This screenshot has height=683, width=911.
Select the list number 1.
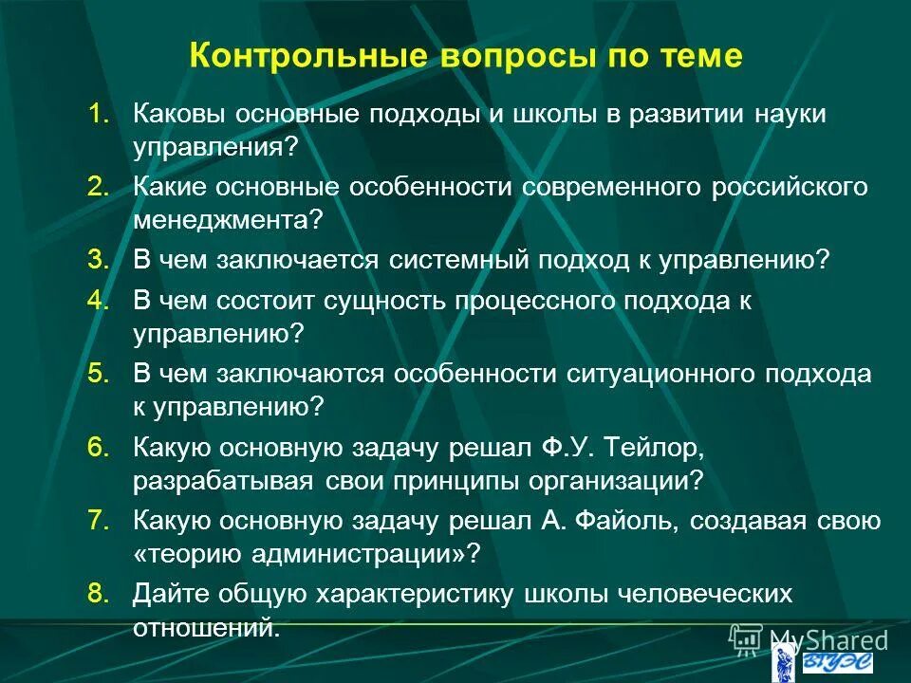(99, 114)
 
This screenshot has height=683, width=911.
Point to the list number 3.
(99, 260)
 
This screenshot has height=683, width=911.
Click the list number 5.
(99, 373)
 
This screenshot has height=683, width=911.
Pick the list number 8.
(99, 593)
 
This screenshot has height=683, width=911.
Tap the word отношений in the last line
(207, 627)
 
